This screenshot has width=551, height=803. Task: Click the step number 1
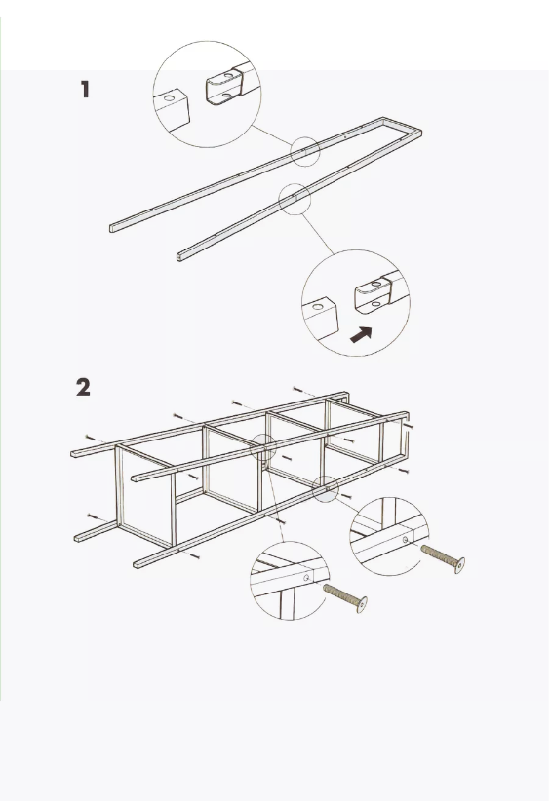point(85,89)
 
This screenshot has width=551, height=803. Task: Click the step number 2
point(83,387)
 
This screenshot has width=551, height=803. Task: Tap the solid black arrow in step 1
point(361,335)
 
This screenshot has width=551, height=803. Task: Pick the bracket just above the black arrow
point(374,295)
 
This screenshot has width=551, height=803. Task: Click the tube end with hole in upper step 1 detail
point(172,109)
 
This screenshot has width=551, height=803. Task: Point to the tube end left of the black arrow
point(320,319)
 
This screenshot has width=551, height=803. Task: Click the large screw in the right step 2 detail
point(443,558)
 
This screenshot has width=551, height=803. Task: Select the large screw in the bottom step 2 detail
point(345,597)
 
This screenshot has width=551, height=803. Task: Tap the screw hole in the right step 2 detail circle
point(405,539)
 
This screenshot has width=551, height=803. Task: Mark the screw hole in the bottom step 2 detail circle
point(306,578)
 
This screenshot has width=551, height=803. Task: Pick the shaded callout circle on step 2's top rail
point(263,447)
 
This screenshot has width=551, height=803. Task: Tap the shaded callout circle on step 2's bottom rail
point(326,489)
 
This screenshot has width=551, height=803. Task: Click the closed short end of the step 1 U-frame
point(403,126)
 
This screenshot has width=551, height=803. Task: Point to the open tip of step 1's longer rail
point(111,228)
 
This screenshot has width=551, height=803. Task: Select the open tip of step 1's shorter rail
point(178,256)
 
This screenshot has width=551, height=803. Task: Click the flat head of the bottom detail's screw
point(362,605)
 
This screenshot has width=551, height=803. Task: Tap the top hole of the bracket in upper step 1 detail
point(228,75)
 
